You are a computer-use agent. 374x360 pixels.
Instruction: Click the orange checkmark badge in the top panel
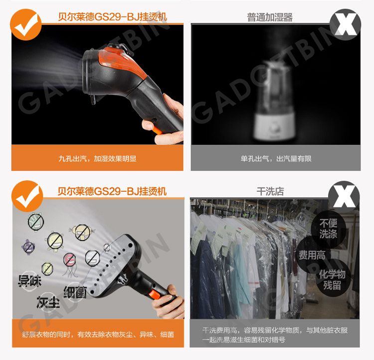pyautogui.click(x=26, y=24)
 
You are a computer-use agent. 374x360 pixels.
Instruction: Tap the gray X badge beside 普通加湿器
pyautogui.click(x=345, y=24)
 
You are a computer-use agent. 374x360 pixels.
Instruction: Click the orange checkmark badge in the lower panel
pyautogui.click(x=27, y=196)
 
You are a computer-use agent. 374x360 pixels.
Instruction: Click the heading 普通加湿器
pyautogui.click(x=270, y=17)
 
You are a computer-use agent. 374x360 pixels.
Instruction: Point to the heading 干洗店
pyautogui.click(x=270, y=191)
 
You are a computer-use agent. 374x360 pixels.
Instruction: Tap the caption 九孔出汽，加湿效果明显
pyautogui.click(x=97, y=158)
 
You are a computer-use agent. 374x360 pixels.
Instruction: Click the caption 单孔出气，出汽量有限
pyautogui.click(x=276, y=158)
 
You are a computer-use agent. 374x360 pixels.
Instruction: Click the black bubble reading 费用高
pyautogui.click(x=312, y=255)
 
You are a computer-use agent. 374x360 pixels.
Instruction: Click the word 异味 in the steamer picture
pyautogui.click(x=29, y=281)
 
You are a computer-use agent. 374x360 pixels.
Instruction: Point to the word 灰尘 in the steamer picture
pyautogui.click(x=48, y=302)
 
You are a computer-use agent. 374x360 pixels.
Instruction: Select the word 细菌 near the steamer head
pyautogui.click(x=75, y=292)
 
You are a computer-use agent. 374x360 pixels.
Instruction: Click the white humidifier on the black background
pyautogui.click(x=274, y=100)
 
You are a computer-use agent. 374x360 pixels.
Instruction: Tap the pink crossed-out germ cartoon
pyautogui.click(x=70, y=260)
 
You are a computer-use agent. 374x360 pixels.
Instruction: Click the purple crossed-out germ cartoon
pyautogui.click(x=29, y=247)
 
